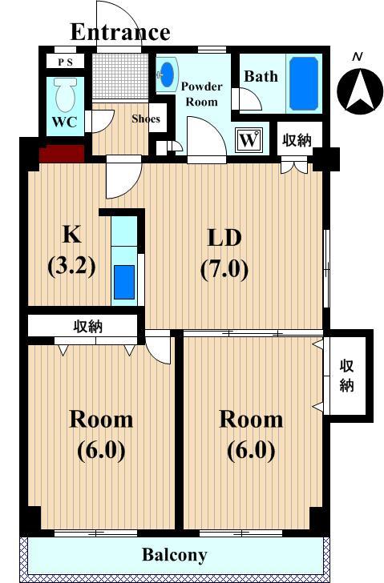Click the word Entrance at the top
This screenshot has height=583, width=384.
(x=120, y=32)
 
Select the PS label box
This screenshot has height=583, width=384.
(x=66, y=62)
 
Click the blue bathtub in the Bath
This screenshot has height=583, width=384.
(x=304, y=83)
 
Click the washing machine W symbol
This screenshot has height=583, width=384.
(x=249, y=140)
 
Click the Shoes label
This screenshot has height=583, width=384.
(x=146, y=119)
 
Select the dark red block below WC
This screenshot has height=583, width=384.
(x=62, y=154)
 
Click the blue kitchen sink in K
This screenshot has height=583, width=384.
(x=124, y=282)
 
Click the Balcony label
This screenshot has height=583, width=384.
(x=175, y=556)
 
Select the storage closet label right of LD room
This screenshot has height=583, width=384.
(x=346, y=376)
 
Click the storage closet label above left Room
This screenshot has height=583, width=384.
(x=88, y=327)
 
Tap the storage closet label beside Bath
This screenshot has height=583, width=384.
(x=297, y=140)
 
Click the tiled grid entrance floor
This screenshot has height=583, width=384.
(x=120, y=76)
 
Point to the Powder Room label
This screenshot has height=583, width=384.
(x=202, y=94)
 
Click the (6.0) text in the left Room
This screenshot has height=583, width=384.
(x=101, y=451)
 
